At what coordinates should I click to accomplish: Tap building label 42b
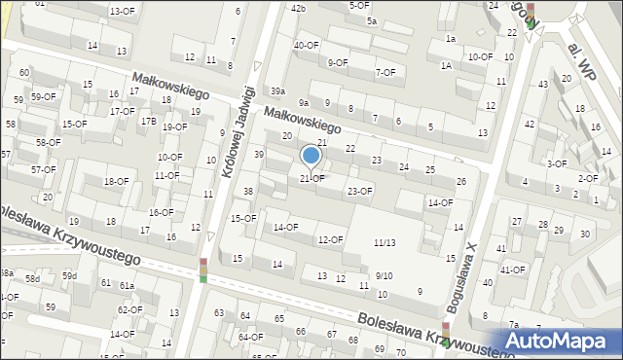coord(298,8)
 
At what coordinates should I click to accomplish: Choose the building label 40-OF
coord(307,45)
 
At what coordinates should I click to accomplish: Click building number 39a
coord(278,90)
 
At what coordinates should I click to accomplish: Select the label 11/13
coord(385,242)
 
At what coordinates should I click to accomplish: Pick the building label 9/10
coord(384,276)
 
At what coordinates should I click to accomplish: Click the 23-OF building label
coord(360,191)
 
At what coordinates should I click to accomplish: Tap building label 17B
coord(147,121)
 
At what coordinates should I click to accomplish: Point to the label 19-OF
coord(175,126)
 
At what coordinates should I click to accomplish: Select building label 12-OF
coord(330,239)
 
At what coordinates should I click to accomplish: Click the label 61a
coord(127,285)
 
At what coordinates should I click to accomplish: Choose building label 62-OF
coord(129,309)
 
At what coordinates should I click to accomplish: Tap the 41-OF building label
coord(512,270)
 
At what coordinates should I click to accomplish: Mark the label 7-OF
coord(385,72)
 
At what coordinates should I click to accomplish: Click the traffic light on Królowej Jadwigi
coord(203,270)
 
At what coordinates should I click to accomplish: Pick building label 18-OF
coord(116,181)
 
